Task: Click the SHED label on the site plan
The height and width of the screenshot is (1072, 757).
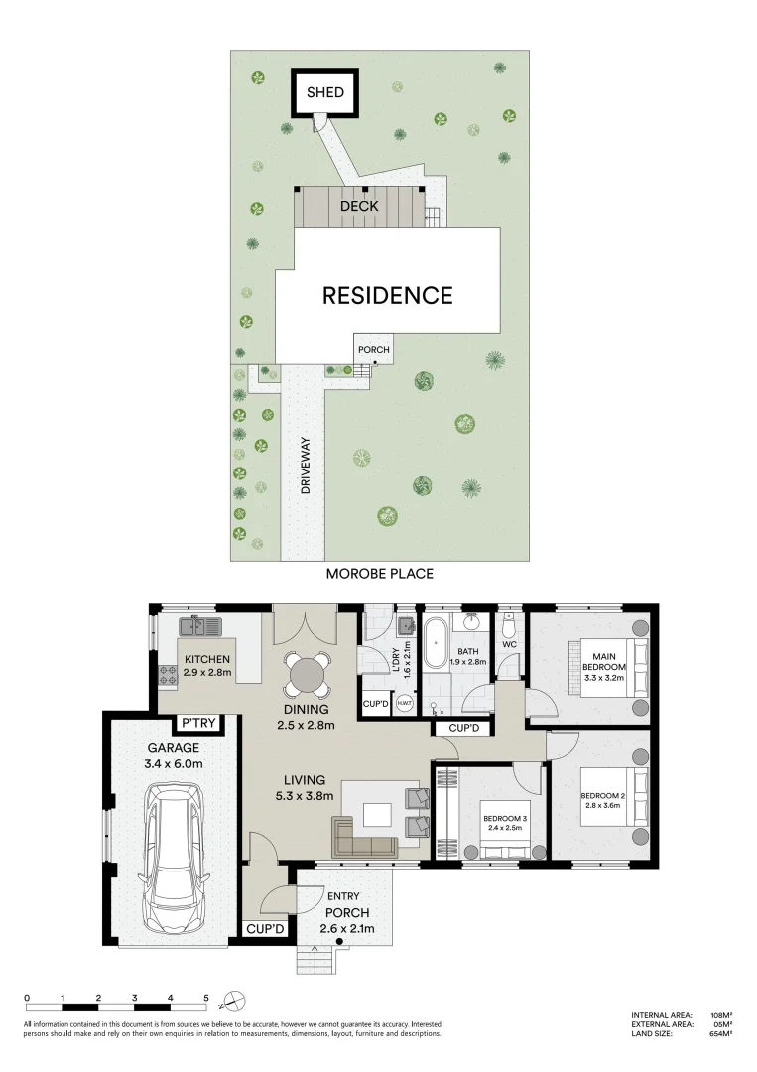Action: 324,93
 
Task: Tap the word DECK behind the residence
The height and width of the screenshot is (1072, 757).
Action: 359,207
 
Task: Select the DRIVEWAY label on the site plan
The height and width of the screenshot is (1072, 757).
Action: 307,466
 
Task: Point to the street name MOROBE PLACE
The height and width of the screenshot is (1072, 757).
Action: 380,574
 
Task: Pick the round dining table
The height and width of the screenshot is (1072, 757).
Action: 306,677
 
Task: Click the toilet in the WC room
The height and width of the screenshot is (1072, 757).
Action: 510,627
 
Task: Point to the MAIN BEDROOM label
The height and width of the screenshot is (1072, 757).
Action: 606,663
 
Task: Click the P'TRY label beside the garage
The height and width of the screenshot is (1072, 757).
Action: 198,722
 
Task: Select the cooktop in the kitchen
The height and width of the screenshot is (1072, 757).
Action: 167,675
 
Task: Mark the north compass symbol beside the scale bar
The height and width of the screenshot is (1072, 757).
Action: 233,999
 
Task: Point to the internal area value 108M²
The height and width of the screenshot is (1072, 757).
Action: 720,1015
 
